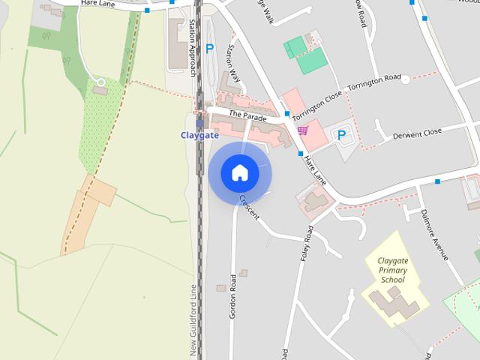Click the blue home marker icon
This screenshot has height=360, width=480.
coord(240,172)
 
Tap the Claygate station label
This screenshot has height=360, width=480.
coord(199,135)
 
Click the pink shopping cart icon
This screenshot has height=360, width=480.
coord(302,130)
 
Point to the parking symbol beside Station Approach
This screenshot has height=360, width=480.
coord(209,49)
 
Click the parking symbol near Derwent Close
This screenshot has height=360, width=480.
coord(341,136)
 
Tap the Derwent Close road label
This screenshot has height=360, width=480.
coord(418,133)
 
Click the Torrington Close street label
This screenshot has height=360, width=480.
coord(316,106)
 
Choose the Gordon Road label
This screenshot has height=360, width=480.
coord(233,295)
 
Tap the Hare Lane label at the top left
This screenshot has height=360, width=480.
coord(97,4)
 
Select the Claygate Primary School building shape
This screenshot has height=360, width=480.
coord(396,304)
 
